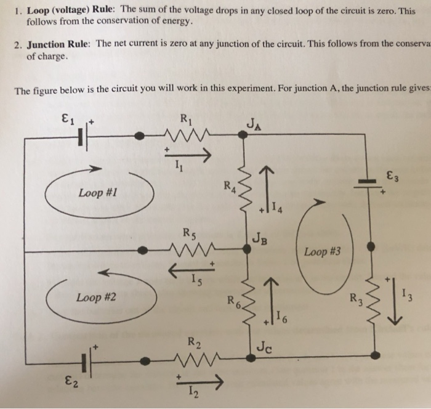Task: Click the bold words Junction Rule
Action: pyautogui.click(x=58, y=44)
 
